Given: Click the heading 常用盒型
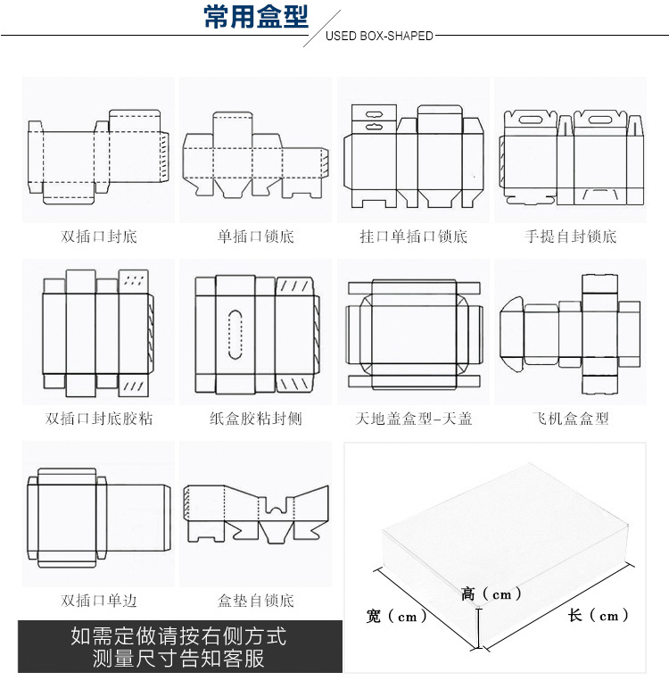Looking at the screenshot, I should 256,17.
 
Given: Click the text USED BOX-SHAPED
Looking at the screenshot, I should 379,37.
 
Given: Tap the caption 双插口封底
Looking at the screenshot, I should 99,236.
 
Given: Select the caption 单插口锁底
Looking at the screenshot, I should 255,236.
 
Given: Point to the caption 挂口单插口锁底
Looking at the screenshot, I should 413,236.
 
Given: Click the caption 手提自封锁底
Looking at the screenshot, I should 571,236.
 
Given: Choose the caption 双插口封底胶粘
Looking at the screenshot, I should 99,418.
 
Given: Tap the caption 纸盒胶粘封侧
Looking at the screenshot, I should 255,418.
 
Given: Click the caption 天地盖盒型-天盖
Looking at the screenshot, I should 413,418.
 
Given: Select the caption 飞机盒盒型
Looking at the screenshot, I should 571,418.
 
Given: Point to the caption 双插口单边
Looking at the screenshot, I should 99,601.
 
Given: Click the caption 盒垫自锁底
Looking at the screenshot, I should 255,601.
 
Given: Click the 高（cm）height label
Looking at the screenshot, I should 491,593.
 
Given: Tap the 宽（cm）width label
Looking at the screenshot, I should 397,616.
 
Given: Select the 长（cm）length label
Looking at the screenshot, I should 599,615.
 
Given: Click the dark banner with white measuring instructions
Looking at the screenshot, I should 179,648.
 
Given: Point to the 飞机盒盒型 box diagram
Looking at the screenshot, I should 570,333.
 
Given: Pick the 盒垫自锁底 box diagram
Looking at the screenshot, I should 255,515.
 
